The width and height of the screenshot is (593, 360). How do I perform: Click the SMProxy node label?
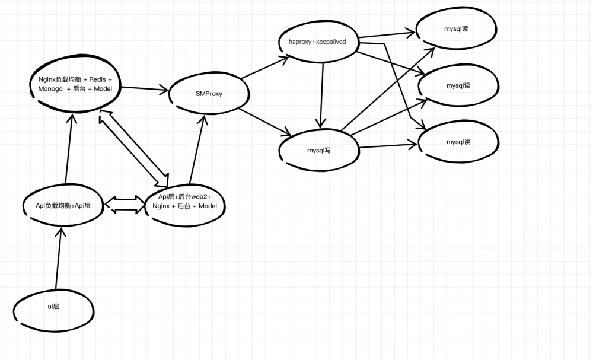209,94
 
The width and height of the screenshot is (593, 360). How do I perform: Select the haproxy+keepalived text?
317,42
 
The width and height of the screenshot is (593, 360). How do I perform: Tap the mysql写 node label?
319,151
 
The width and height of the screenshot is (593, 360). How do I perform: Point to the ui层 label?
53,306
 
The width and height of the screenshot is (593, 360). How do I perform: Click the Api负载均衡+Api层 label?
63,206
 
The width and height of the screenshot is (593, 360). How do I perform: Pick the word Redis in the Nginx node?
98,79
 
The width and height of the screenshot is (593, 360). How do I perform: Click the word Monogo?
50,88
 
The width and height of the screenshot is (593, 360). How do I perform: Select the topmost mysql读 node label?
456,28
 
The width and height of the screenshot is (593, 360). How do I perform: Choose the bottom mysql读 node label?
458,142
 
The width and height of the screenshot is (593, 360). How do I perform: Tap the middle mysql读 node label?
458,85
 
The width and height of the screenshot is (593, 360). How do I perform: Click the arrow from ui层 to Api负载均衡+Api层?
59,258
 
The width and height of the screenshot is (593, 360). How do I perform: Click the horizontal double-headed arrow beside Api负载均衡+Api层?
126,205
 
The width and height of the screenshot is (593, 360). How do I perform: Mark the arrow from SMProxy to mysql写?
265,122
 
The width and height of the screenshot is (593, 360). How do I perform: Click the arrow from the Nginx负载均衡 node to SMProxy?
145,88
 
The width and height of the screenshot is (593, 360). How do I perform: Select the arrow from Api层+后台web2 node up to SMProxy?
197,149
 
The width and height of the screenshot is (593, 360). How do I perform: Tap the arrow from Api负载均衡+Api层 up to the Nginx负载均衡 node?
69,148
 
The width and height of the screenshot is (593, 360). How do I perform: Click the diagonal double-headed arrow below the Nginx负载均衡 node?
133,149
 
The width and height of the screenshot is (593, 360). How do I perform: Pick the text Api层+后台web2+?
185,197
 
